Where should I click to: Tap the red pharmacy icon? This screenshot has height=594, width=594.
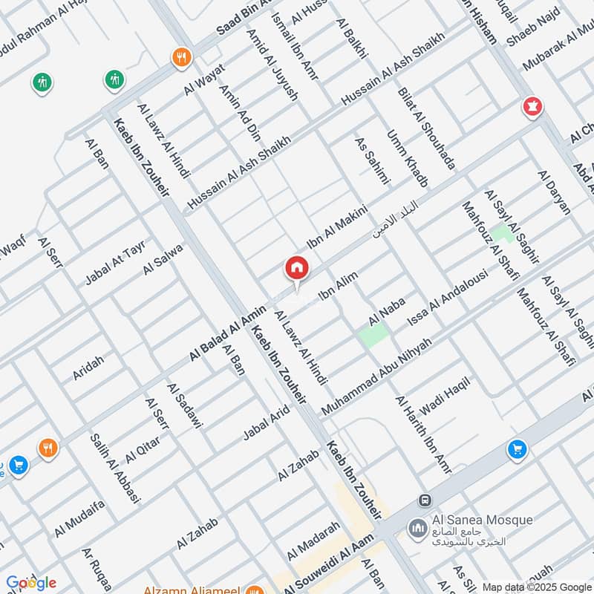click(532, 107)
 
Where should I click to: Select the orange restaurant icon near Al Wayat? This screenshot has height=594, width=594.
click(181, 57)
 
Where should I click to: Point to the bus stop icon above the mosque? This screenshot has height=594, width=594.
click(425, 500)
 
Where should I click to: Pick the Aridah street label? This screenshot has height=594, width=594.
click(88, 368)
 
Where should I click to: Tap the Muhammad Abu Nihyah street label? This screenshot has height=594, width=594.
click(376, 377)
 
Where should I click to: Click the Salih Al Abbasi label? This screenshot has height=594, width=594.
click(115, 468)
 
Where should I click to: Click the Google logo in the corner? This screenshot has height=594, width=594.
click(30, 582)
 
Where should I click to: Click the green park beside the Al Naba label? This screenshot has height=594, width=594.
click(373, 335)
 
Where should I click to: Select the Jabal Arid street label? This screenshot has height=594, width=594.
click(266, 423)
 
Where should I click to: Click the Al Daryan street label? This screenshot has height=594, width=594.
click(554, 192)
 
